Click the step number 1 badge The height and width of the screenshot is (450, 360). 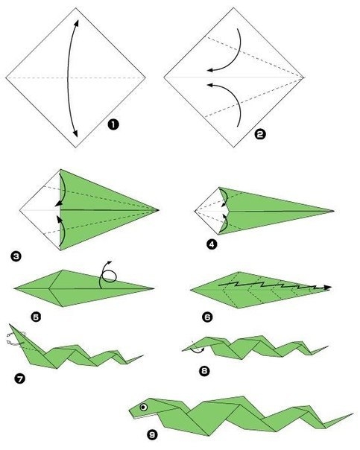(x=113, y=125)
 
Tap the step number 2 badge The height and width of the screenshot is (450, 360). (x=260, y=134)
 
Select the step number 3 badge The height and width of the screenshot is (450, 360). (x=16, y=256)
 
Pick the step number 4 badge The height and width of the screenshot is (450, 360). (x=212, y=244)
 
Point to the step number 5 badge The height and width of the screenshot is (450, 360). (x=37, y=317)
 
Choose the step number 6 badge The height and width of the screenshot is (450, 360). (x=207, y=317)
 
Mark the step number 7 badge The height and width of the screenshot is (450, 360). (x=19, y=378)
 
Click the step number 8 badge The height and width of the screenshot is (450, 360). (x=204, y=371)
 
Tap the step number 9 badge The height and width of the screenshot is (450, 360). (x=153, y=435)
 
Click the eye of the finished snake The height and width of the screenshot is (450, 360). (x=144, y=407)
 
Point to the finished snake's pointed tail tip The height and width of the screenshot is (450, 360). (x=353, y=413)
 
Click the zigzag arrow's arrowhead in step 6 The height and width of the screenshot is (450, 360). (x=327, y=288)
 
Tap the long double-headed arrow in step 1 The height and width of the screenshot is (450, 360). (x=68, y=78)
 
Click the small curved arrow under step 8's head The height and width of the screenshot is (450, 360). (x=197, y=351)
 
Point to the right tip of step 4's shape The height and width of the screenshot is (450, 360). (x=334, y=211)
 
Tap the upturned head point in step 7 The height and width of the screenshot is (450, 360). (x=10, y=325)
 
